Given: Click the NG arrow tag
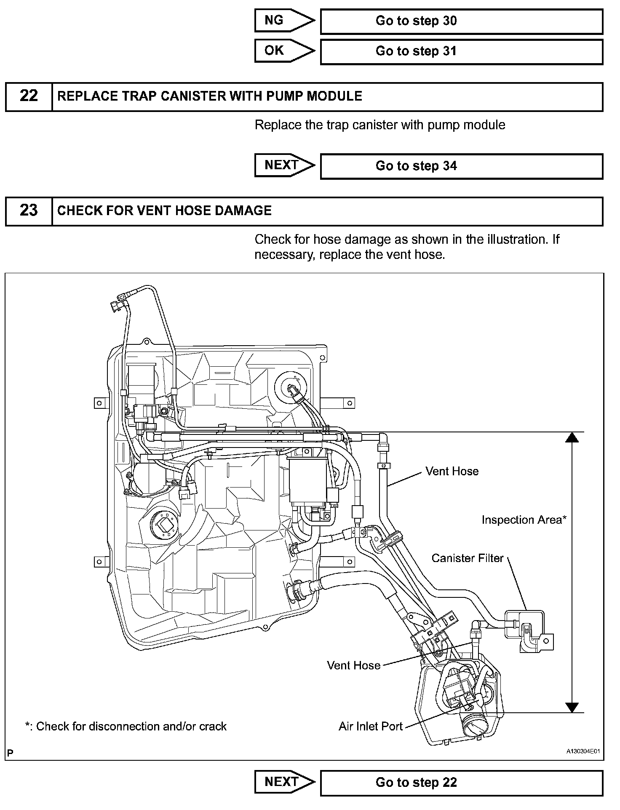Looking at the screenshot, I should tap(283, 21).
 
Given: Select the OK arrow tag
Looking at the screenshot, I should tap(283, 51).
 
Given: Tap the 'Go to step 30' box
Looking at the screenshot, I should tap(461, 21).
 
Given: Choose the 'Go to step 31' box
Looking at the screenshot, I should tap(461, 52).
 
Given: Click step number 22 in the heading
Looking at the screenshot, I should tap(29, 96).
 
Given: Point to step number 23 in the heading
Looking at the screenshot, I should tap(29, 210).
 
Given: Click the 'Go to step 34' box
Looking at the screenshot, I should tap(461, 166).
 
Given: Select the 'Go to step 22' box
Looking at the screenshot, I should tap(461, 783).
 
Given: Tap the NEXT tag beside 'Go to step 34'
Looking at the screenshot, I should tap(283, 165).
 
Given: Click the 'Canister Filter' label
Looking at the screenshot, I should tap(467, 558).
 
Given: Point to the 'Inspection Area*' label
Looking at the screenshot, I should tap(524, 520).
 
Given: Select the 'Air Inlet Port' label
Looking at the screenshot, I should tap(371, 726).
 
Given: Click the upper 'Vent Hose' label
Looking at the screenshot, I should tap(452, 471).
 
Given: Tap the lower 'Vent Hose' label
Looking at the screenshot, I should tap(353, 665).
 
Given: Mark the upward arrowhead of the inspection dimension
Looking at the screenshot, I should tap(572, 437).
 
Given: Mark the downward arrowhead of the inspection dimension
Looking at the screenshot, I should tap(572, 707).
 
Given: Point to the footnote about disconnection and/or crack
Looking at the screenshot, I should tap(126, 726).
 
